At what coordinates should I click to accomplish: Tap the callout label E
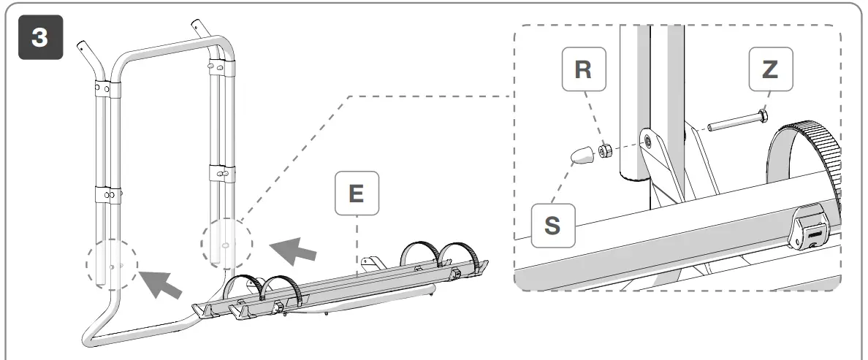[x=357, y=193]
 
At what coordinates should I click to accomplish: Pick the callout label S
[x=553, y=225]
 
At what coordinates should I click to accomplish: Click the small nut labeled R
[x=605, y=151]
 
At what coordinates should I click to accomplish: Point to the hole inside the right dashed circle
[x=225, y=246]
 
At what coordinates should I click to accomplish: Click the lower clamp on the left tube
[x=108, y=196]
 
